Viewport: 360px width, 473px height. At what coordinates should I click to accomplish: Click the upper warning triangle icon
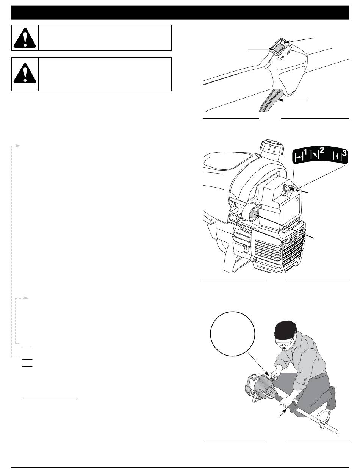(x=25, y=38)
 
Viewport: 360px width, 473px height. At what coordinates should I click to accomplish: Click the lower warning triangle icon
(x=25, y=73)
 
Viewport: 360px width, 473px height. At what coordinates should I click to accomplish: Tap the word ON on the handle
(x=282, y=57)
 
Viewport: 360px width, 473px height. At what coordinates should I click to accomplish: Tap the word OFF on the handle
(x=288, y=53)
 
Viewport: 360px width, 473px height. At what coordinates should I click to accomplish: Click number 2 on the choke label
(x=322, y=152)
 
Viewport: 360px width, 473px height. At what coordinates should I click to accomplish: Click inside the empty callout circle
(x=232, y=334)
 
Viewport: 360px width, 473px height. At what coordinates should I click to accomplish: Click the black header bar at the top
(x=180, y=13)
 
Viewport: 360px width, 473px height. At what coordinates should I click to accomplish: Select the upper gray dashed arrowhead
(x=18, y=146)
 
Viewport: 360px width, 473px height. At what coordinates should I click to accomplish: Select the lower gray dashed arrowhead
(x=26, y=298)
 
